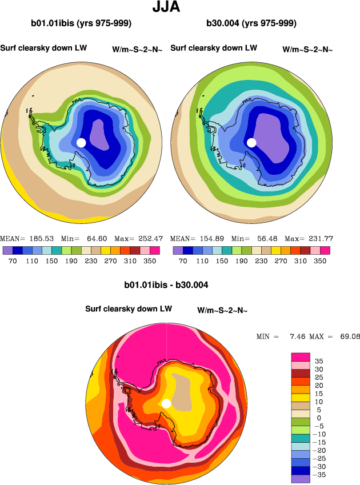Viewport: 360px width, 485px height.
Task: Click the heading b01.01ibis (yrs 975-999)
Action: click(82, 23)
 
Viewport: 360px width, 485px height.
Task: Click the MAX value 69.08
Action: click(347, 336)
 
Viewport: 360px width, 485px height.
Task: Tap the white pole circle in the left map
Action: click(81, 142)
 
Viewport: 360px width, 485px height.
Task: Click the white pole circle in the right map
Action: click(251, 142)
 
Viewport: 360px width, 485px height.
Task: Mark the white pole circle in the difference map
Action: click(166, 404)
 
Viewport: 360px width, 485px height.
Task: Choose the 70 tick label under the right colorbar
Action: click(183, 260)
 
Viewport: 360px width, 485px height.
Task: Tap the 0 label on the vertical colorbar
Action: click(319, 418)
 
